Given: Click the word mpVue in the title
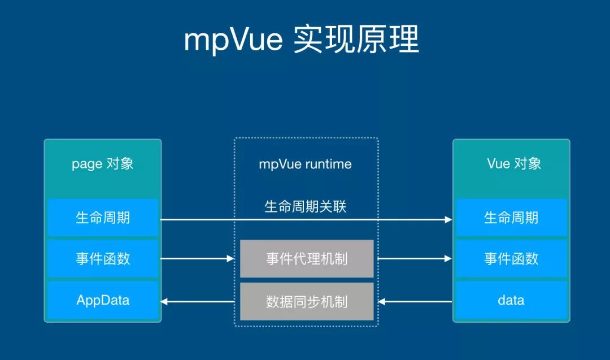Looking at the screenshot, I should coord(233,40).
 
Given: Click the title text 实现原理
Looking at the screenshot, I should coord(356,40).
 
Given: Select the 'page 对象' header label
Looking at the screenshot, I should coord(102,164).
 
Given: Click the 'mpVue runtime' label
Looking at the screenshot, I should coord(305,164).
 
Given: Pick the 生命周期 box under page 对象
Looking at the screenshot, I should coord(103,218).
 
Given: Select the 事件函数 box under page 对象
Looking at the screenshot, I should coord(103,259).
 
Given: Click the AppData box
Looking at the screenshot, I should coord(103,300).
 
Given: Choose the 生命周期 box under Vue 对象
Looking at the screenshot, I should coord(511,218).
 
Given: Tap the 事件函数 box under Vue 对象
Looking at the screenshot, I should coord(511,259).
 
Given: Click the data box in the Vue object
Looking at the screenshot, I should coord(511,300).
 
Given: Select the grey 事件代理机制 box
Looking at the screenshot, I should coord(307,259).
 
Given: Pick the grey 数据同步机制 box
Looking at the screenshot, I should coord(307,301).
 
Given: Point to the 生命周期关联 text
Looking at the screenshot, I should coord(305,206).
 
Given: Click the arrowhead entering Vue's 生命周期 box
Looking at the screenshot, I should coord(448,219).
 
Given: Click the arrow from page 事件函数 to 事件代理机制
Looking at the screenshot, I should coord(198,259).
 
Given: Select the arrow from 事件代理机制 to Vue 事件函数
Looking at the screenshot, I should coord(415,259).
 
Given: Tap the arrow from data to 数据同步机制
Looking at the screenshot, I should coord(415,302).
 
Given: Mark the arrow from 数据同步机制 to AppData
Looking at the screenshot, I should coord(198,302).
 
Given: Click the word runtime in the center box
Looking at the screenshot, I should coord(328,164).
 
